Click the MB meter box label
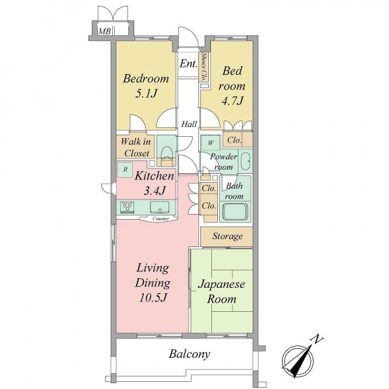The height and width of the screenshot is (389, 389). point(104,32)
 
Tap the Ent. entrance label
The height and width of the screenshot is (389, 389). point(189,64)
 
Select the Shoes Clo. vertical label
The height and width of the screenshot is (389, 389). point(204,67)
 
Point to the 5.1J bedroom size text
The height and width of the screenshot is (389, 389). point(147,94)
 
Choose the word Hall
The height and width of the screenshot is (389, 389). point(189,124)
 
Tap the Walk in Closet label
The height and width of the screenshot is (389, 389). point(136,147)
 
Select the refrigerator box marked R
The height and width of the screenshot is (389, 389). point(125,169)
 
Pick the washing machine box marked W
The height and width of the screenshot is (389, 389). point(211,143)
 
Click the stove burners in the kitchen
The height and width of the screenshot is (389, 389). point(127,207)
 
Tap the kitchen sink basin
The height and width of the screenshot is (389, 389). point(159,207)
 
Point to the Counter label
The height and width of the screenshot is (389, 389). point(161,219)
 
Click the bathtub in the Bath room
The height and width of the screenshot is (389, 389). point(235,212)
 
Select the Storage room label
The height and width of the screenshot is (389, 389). point(228,236)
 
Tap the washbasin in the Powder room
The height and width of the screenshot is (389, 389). point(246,161)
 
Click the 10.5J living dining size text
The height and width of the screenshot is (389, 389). point(152,298)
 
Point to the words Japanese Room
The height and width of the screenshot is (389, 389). point(222,292)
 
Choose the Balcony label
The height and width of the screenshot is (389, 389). point(189,354)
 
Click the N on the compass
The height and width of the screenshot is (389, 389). point(317,339)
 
